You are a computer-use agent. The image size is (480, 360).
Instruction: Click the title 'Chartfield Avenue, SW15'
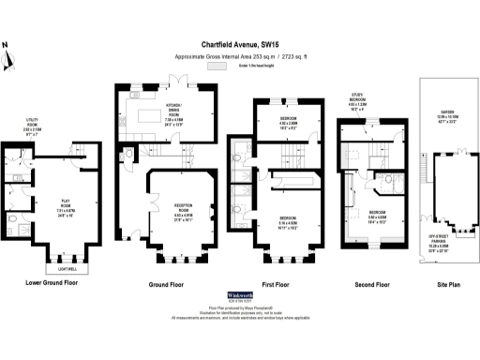click(240, 42)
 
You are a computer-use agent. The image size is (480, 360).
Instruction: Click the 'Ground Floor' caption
click(170, 282)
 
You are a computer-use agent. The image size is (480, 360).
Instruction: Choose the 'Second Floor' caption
click(370, 282)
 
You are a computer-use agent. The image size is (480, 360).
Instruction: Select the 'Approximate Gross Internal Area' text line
click(240, 56)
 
